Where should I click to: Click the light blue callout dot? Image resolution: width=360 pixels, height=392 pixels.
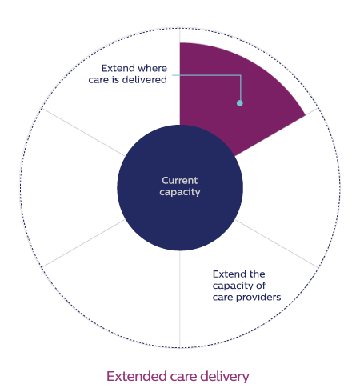pyautogui.click(x=240, y=103)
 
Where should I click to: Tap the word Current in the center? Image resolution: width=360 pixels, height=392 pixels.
pyautogui.click(x=180, y=181)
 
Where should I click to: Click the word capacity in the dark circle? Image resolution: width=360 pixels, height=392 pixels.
pyautogui.click(x=180, y=192)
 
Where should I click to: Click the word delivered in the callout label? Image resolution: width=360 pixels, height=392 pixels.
pyautogui.click(x=145, y=80)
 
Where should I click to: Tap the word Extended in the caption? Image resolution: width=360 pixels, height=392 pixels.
pyautogui.click(x=137, y=376)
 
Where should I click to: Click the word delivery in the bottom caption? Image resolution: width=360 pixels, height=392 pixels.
pyautogui.click(x=225, y=377)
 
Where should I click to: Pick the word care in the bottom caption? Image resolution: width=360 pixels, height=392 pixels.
pyautogui.click(x=183, y=378)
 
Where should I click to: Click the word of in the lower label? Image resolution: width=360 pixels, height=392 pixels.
pyautogui.click(x=261, y=286)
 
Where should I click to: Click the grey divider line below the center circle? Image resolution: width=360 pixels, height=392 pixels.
pyautogui.click(x=180, y=298)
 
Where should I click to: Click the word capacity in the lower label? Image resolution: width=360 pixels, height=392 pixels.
pyautogui.click(x=233, y=286)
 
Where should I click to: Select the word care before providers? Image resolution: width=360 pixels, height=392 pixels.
pyautogui.click(x=223, y=298)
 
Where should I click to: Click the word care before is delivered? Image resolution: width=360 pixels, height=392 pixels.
pyautogui.click(x=98, y=80)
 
